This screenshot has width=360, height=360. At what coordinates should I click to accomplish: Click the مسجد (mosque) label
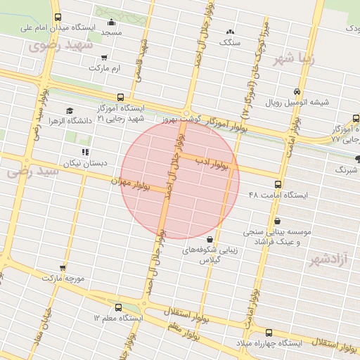(x=111, y=33)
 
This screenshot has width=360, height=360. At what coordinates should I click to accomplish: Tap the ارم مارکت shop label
(x=105, y=69)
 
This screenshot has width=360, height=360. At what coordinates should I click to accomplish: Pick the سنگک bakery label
(x=230, y=42)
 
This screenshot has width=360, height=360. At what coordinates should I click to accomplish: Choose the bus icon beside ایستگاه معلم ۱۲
(x=117, y=307)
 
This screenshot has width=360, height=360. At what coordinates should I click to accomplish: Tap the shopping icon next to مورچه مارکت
(x=63, y=268)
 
